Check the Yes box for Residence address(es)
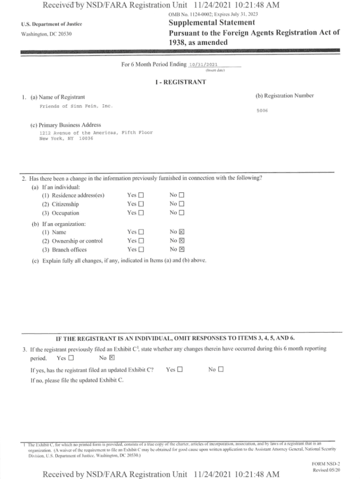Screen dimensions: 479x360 pos(141,195)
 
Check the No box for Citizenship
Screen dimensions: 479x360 pos(182,204)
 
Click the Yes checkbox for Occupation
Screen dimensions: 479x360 pos(141,213)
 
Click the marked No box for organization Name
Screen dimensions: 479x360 pos(182,232)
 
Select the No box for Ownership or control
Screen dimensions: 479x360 pos(182,241)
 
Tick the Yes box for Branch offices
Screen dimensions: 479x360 pos(141,250)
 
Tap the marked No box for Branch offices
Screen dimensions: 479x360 pos(182,250)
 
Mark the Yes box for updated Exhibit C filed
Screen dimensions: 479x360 pos(179,370)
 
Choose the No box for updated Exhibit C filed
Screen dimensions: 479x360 pos(221,370)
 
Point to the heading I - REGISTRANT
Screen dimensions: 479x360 pos(180,82)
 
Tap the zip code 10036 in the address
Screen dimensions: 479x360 pos(86,138)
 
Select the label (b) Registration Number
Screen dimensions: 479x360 pos(284,96)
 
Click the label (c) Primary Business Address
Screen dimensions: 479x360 pos(65,125)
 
